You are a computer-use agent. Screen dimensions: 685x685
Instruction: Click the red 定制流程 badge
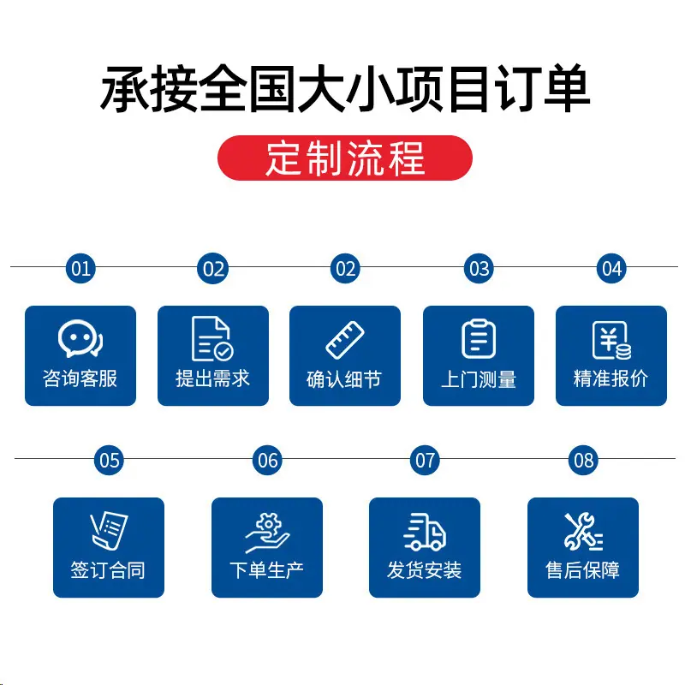tap(345, 158)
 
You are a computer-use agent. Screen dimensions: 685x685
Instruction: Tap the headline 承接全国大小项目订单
tap(345, 89)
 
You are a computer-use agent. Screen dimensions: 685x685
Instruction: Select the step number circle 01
tap(80, 268)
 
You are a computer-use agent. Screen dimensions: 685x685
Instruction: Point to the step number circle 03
tap(479, 268)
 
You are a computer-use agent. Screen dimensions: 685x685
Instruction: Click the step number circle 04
tap(611, 268)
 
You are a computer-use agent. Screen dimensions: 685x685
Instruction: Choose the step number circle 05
tap(110, 460)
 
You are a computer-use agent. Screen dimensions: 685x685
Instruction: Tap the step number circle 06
tap(267, 460)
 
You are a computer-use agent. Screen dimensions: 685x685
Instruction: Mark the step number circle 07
tap(425, 460)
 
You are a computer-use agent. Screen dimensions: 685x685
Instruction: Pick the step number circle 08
tap(583, 460)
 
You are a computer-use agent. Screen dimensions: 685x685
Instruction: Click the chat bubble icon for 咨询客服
tap(80, 338)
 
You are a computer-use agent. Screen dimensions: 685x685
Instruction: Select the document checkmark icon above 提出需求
tap(212, 338)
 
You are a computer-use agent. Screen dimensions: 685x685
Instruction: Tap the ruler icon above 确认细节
tap(345, 340)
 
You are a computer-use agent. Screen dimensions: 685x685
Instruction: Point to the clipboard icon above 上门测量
tap(479, 338)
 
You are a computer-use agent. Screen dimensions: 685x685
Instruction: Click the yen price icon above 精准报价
tap(611, 340)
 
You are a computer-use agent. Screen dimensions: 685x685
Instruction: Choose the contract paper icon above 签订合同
tap(110, 530)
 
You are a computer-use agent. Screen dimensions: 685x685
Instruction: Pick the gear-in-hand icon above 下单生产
tap(267, 532)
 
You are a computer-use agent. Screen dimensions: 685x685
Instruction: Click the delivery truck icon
tap(425, 532)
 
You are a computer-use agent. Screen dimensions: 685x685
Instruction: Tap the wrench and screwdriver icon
tap(583, 531)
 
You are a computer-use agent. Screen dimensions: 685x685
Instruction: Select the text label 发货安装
tap(424, 570)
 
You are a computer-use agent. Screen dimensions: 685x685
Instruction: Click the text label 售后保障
tap(583, 570)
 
